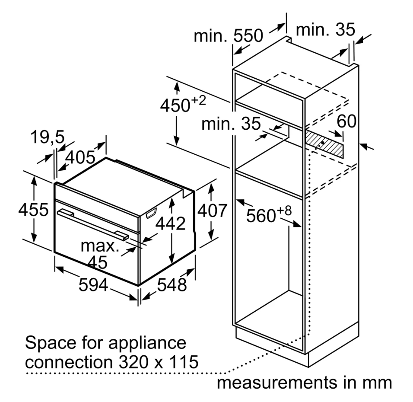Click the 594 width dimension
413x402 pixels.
93,285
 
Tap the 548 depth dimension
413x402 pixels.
172,285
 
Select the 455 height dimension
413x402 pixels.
33,210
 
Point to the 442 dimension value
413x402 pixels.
170,223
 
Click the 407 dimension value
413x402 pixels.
212,211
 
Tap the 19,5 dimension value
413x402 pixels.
48,137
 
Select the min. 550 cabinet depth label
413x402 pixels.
229,35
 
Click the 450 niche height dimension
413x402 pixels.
183,105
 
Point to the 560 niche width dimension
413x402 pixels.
269,214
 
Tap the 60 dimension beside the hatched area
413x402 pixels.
346,121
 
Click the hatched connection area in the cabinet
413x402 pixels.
324,144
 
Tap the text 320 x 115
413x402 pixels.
159,362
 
